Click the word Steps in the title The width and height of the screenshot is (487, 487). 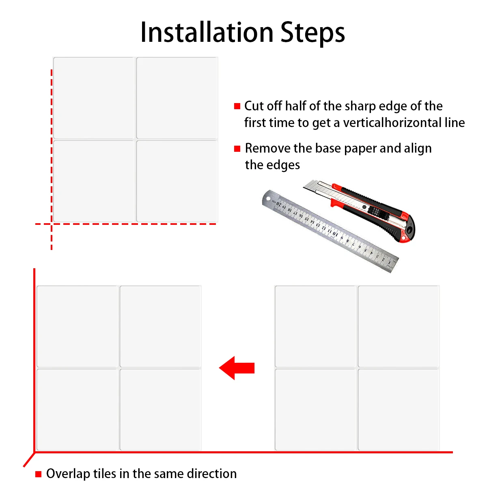point(312,34)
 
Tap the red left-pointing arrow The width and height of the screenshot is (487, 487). point(237,368)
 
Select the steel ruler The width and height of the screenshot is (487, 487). point(330,231)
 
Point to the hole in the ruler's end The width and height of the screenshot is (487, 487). point(268,198)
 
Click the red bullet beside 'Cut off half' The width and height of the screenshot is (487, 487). point(237,106)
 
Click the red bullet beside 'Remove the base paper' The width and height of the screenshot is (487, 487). point(237,149)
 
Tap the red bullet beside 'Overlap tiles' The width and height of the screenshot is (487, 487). point(38,474)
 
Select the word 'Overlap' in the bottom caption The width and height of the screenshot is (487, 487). point(68,474)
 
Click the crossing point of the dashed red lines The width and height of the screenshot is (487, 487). point(52,224)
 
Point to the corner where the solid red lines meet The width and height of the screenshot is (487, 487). point(34,452)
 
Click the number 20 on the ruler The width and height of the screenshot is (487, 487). point(279,204)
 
